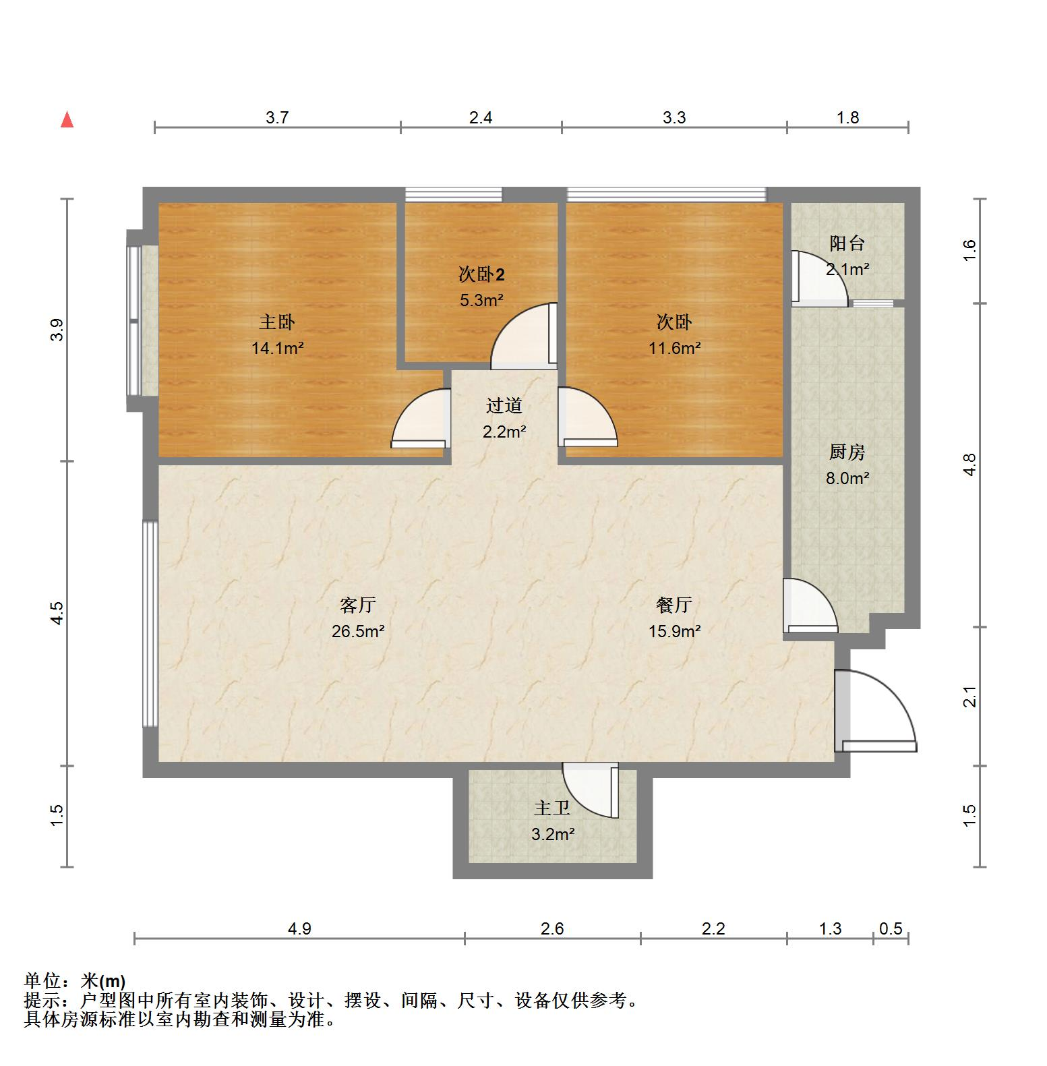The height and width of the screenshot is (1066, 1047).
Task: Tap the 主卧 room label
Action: coord(277,322)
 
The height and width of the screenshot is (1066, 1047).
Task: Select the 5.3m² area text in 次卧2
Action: coord(481,300)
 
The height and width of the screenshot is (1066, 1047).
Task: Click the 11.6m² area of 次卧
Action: coord(674,349)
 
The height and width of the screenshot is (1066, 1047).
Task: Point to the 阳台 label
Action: coord(847,243)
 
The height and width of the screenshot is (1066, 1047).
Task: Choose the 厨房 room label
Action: coord(847,452)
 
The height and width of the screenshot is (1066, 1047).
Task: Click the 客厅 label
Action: coord(357,605)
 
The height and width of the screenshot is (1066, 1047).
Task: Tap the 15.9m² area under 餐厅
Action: coord(674,632)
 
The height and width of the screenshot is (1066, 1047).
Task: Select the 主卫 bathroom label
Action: coord(552,808)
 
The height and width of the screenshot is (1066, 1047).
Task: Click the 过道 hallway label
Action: coord(504,406)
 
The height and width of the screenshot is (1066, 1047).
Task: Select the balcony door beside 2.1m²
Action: coord(818,278)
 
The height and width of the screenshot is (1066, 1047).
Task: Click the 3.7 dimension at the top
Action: coord(277,118)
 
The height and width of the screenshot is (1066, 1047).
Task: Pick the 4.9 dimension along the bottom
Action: coord(299,929)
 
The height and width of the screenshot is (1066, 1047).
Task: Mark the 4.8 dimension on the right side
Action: coord(969,465)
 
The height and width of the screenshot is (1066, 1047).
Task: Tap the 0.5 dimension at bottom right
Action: coord(891,929)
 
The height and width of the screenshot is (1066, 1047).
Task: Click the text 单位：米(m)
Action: coord(75,981)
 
